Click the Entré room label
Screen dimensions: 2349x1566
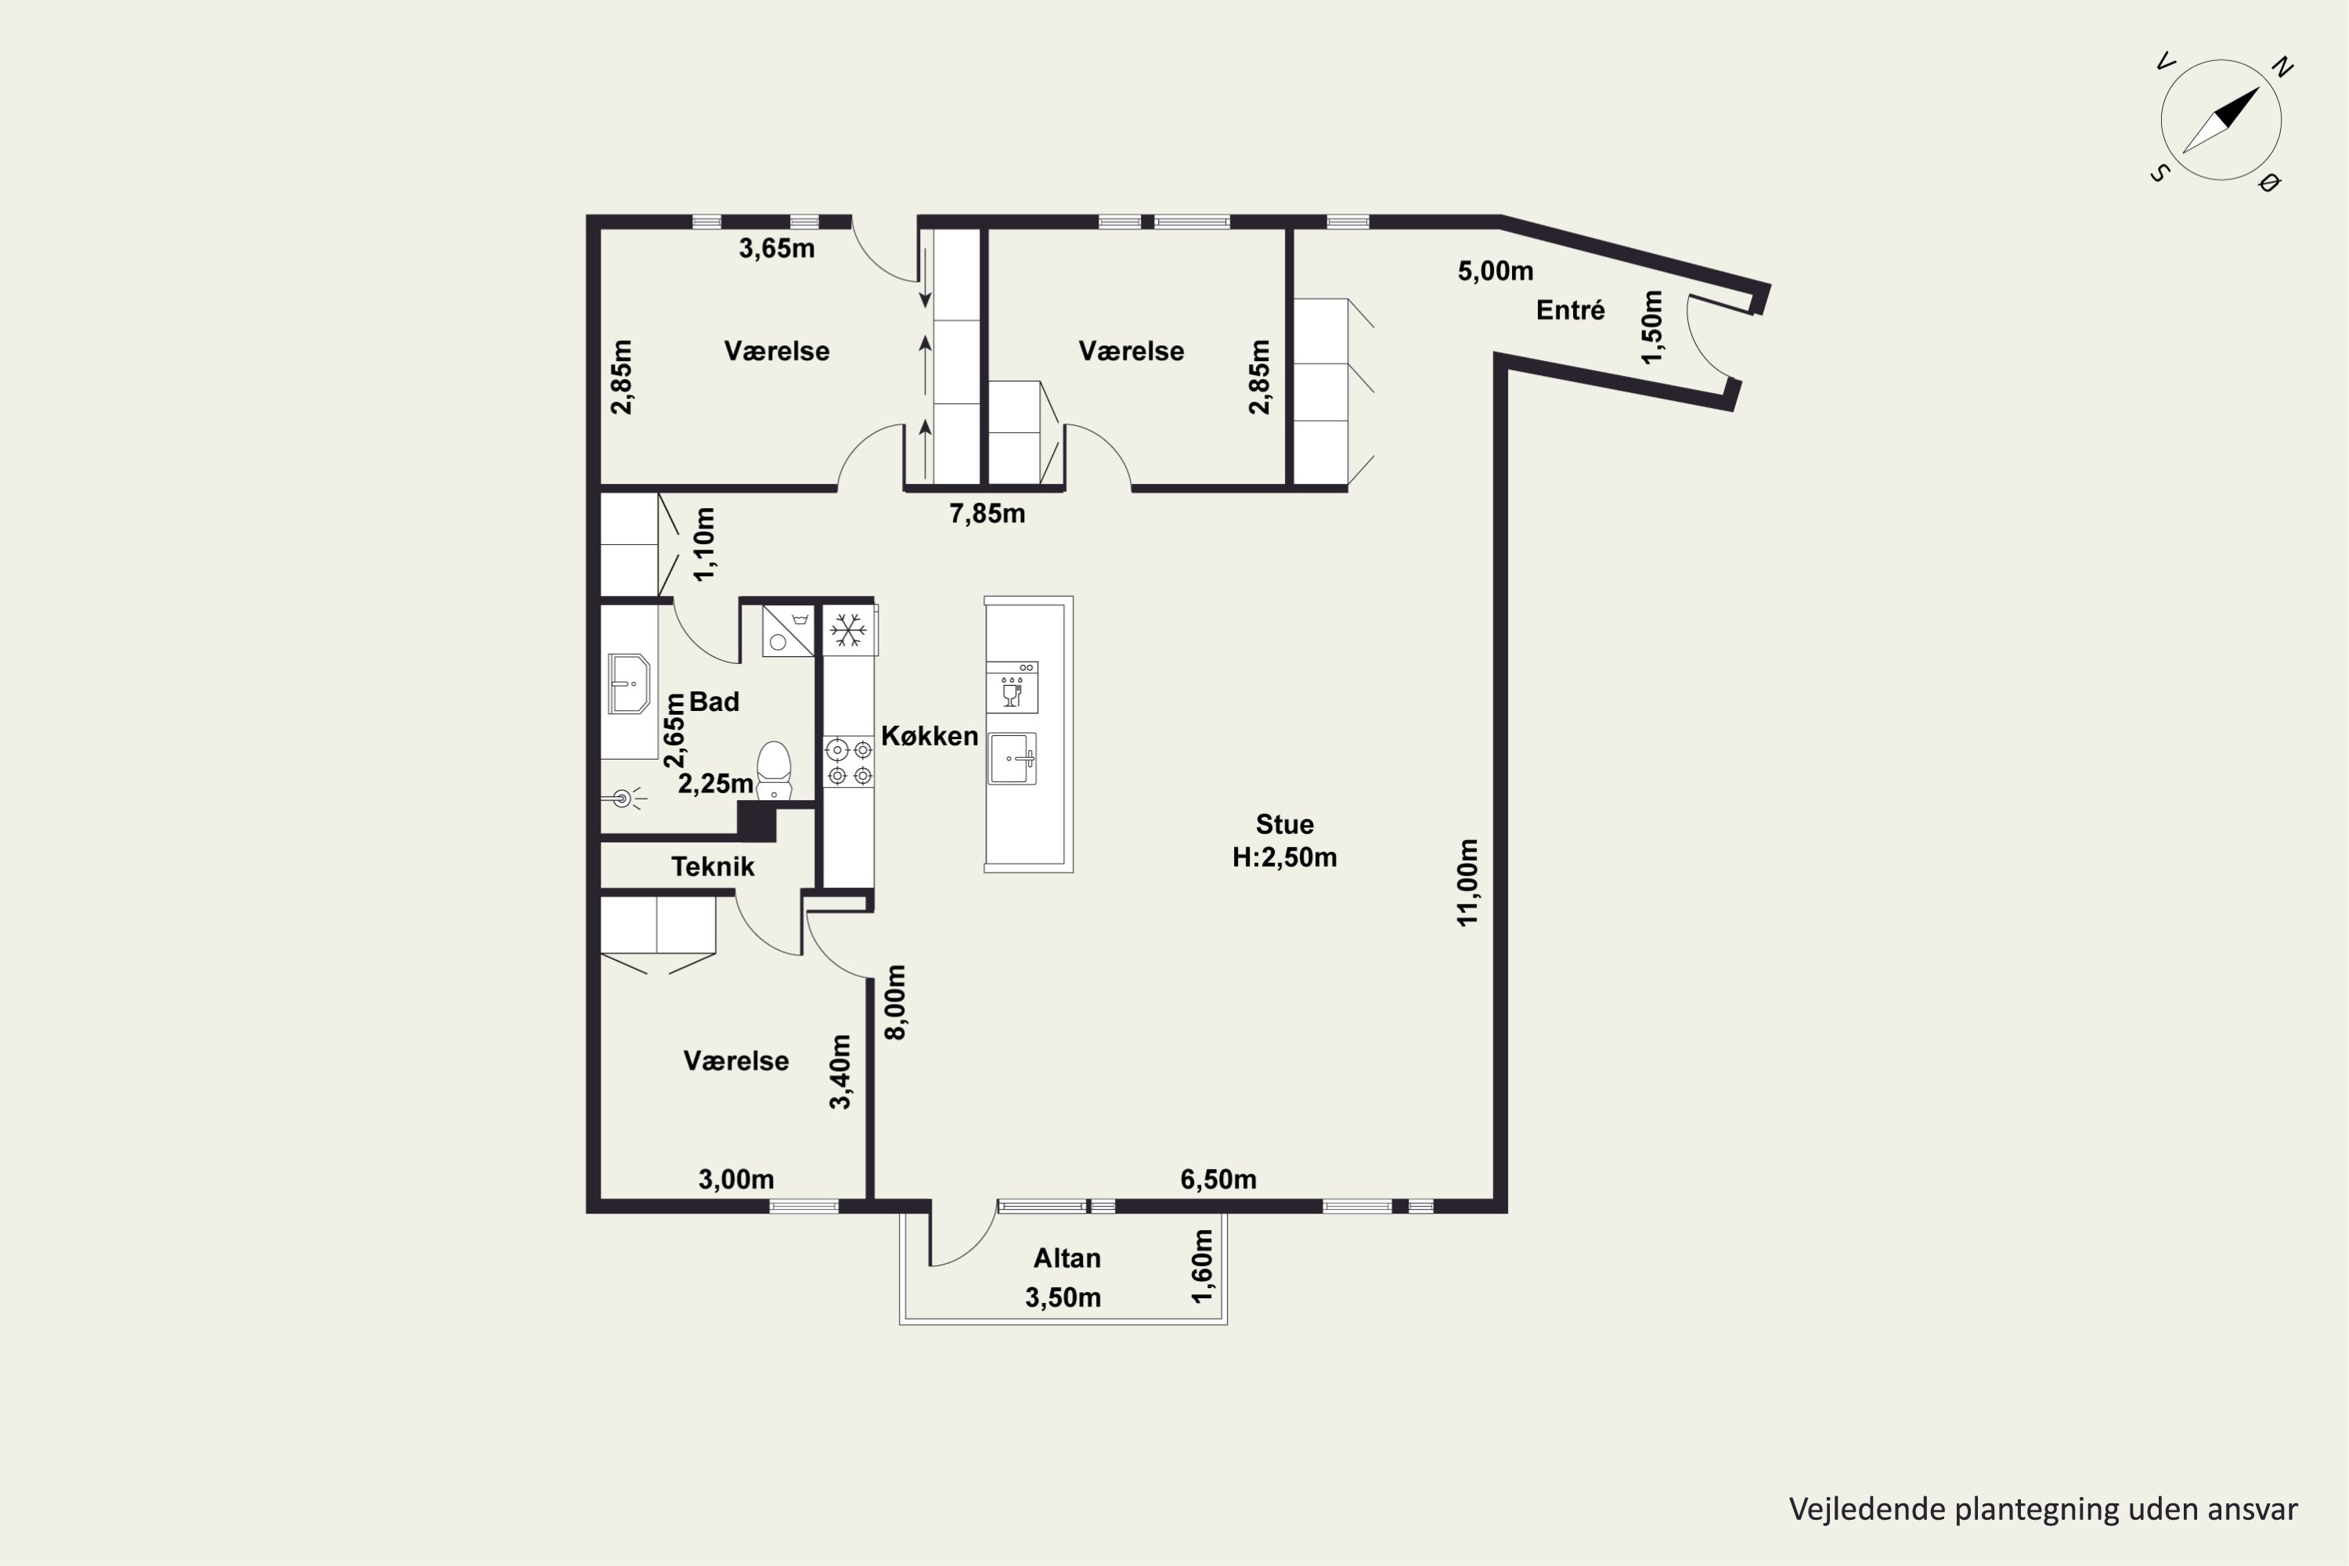tap(1570, 311)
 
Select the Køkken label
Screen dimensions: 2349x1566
tap(929, 736)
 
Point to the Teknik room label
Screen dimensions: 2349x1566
tap(712, 867)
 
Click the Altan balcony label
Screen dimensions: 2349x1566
tap(1066, 1258)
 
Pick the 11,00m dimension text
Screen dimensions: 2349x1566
tap(1467, 883)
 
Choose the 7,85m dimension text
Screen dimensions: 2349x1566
tap(987, 514)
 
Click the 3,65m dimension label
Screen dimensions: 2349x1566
tap(777, 249)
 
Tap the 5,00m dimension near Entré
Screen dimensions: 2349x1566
tap(1495, 272)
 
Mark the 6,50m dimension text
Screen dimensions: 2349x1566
tap(1218, 1179)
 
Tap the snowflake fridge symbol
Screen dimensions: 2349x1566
tap(849, 630)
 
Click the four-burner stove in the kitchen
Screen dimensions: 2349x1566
tap(849, 761)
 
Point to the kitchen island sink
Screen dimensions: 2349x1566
tap(1012, 759)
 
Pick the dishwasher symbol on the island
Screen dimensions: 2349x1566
tap(1012, 687)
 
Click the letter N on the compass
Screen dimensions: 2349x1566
tap(2282, 68)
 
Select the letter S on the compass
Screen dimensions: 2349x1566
tap(2160, 173)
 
